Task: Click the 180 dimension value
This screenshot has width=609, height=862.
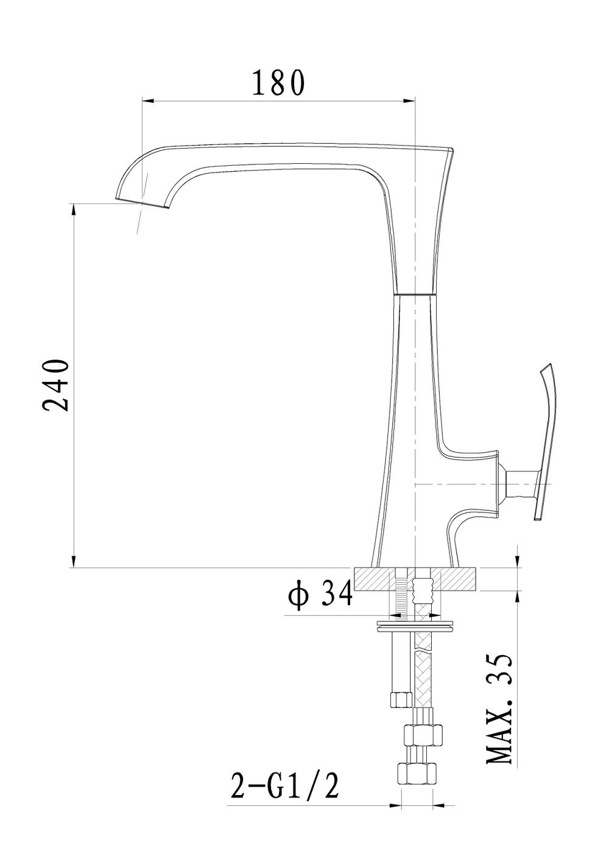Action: (278, 83)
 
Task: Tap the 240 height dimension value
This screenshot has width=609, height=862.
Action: (56, 386)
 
